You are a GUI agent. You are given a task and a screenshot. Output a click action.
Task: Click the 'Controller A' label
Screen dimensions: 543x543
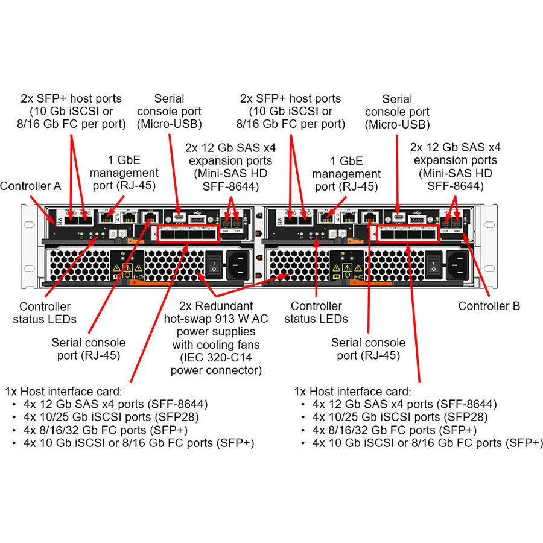(x=31, y=186)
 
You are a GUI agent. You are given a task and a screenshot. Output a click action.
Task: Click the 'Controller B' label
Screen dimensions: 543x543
(x=489, y=306)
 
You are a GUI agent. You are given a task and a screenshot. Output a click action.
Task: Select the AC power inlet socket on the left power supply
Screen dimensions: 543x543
(x=237, y=263)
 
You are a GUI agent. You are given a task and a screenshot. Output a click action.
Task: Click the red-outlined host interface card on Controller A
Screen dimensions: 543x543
(x=188, y=233)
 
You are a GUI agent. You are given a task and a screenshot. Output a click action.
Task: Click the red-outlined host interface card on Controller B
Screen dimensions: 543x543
(x=407, y=233)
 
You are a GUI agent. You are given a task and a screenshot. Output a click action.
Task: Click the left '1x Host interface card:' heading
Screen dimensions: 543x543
(x=63, y=391)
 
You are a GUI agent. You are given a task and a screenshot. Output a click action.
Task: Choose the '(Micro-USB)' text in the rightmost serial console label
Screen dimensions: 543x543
(x=397, y=125)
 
